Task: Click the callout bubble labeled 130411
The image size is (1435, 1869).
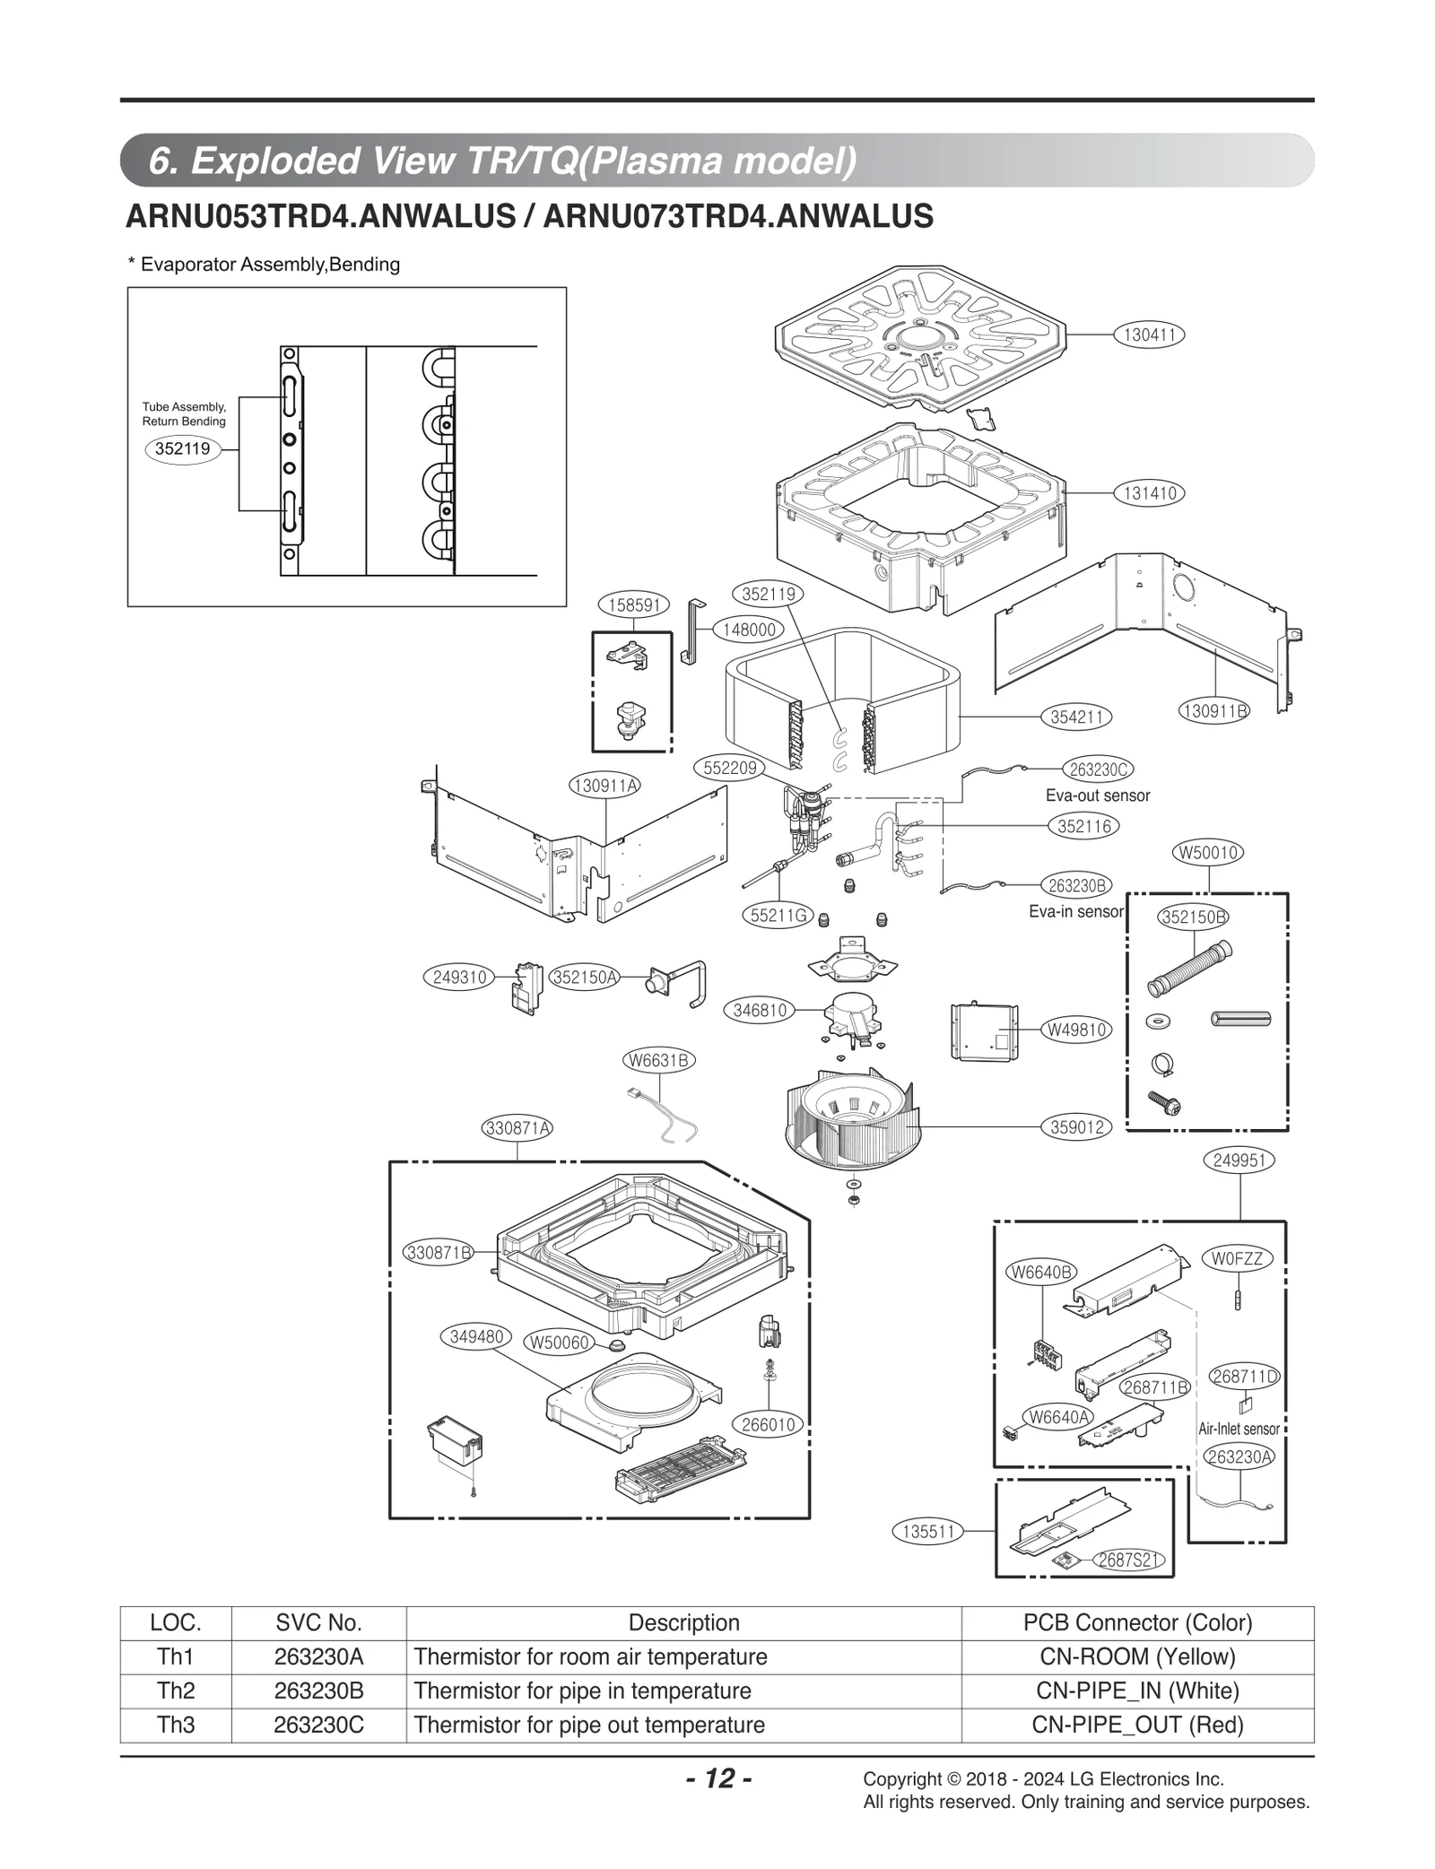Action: click(1149, 335)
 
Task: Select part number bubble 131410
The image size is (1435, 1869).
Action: click(1149, 492)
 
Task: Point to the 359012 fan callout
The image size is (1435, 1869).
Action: click(1076, 1126)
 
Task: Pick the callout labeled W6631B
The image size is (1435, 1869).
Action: click(658, 1060)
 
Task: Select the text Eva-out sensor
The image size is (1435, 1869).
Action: click(1097, 795)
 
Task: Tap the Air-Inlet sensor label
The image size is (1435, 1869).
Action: click(1239, 1429)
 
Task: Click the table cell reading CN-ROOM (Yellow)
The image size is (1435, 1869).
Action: click(1137, 1656)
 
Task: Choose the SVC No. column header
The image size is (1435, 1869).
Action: click(318, 1622)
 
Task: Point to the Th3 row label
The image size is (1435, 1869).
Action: click(176, 1725)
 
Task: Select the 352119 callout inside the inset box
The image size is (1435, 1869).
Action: click(182, 448)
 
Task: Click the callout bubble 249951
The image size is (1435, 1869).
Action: click(1239, 1161)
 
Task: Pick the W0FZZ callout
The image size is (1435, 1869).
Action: click(1237, 1259)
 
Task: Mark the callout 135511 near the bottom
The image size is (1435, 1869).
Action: click(927, 1532)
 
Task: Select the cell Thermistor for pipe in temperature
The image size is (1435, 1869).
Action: click(583, 1691)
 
